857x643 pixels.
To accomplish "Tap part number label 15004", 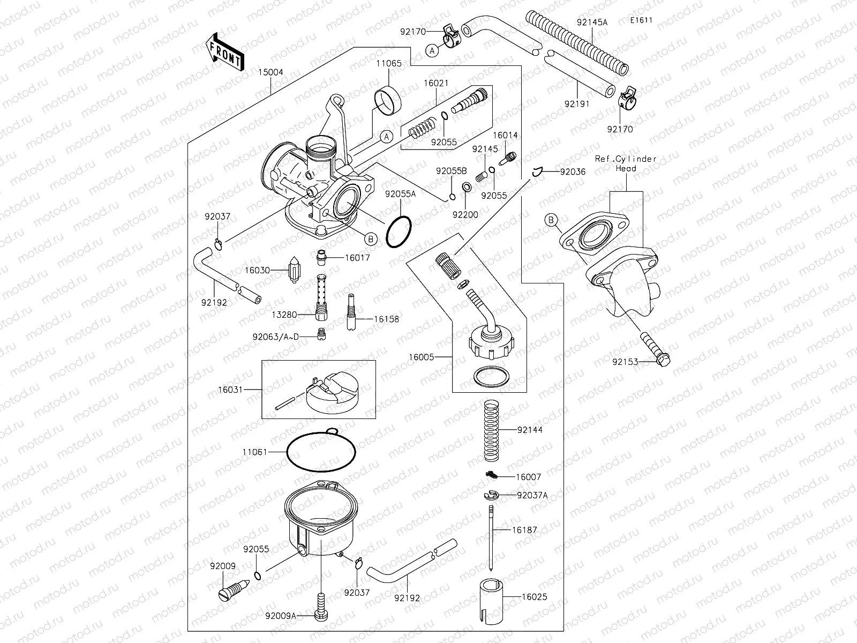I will pyautogui.click(x=270, y=72).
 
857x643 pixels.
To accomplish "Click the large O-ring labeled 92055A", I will pyautogui.click(x=399, y=232).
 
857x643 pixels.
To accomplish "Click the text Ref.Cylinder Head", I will pyautogui.click(x=626, y=163).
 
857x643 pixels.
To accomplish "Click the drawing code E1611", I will pyautogui.click(x=641, y=21).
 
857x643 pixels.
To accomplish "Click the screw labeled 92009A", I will pyautogui.click(x=321, y=605).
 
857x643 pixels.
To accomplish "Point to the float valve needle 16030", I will pyautogui.click(x=295, y=271).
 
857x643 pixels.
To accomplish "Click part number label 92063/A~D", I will pyautogui.click(x=276, y=337).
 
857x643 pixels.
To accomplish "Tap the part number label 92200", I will pyautogui.click(x=465, y=214).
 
